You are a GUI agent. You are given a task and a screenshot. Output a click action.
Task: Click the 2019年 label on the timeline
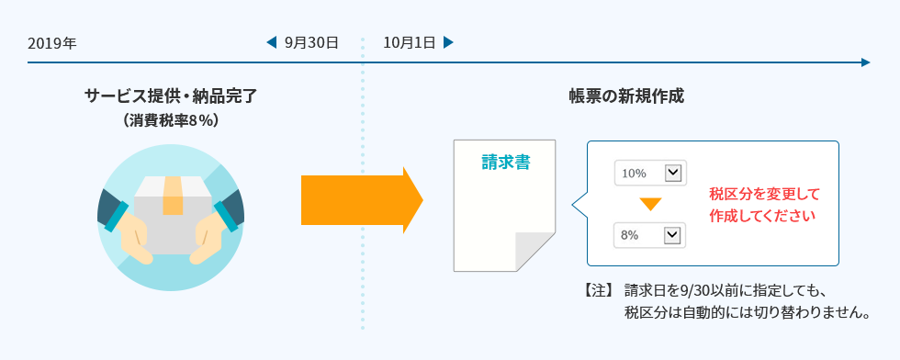click(x=52, y=43)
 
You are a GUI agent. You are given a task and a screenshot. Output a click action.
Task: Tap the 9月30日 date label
click(x=311, y=42)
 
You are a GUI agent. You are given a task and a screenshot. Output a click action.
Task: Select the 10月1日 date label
click(x=409, y=42)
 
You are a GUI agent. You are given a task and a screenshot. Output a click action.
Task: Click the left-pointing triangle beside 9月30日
click(x=271, y=42)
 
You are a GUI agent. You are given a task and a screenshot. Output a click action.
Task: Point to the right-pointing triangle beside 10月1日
click(x=448, y=42)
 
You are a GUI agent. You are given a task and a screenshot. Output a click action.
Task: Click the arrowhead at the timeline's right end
click(x=865, y=62)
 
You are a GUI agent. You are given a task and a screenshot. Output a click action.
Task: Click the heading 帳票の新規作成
click(x=627, y=96)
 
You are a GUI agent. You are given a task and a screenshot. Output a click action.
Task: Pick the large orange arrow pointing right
click(x=361, y=199)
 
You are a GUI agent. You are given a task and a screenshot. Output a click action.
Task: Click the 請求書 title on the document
click(x=505, y=163)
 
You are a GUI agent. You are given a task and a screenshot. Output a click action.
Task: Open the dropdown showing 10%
click(x=649, y=173)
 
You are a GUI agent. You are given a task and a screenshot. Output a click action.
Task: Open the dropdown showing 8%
click(x=649, y=235)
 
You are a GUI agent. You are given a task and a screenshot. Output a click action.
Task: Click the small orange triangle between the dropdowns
click(x=650, y=204)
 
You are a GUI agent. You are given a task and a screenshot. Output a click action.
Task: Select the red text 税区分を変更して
click(x=764, y=194)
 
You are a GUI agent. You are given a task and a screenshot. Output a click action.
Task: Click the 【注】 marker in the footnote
click(x=599, y=291)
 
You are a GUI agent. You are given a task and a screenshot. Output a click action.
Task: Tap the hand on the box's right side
click(x=213, y=229)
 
